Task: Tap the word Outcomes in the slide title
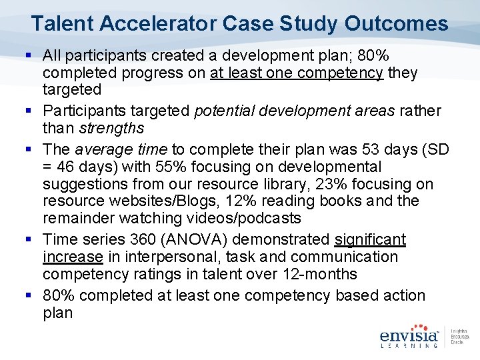tap(396, 24)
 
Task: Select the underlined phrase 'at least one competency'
tap(297, 72)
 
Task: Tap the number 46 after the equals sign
tap(69, 167)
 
